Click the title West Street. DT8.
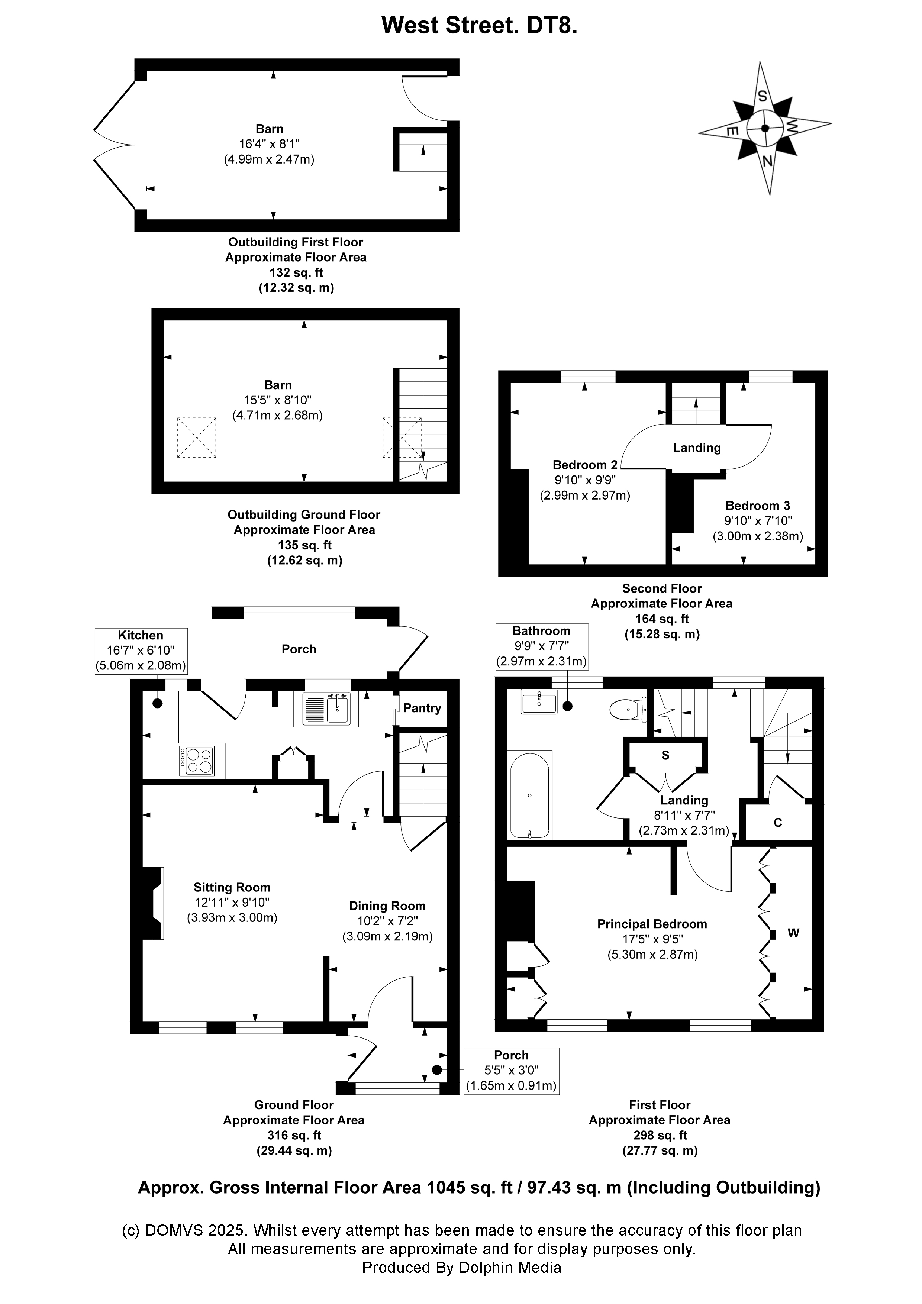pyautogui.click(x=479, y=26)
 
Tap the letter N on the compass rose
pyautogui.click(x=767, y=161)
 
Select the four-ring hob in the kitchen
pyautogui.click(x=197, y=761)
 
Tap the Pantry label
pyautogui.click(x=422, y=708)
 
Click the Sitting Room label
pyautogui.click(x=232, y=887)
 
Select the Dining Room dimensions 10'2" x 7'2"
pyautogui.click(x=387, y=921)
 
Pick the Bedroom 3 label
pyautogui.click(x=757, y=506)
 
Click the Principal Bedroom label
pyautogui.click(x=652, y=924)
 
